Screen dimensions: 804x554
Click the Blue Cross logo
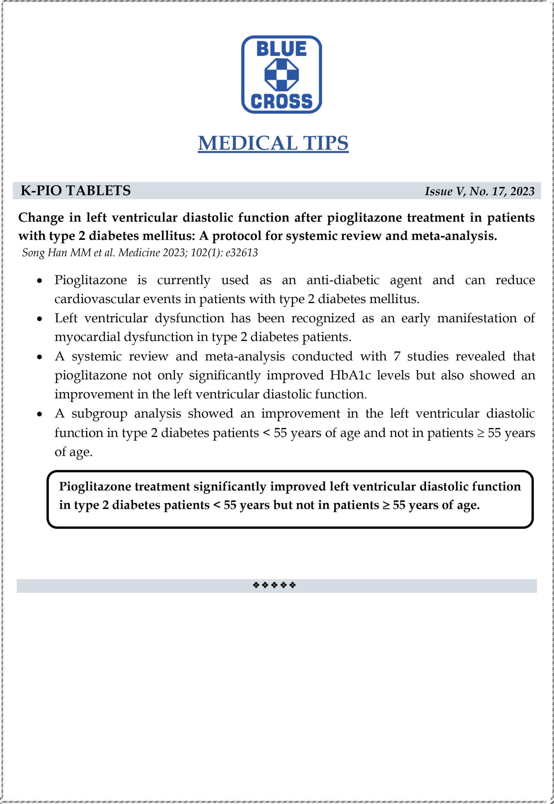point(281,75)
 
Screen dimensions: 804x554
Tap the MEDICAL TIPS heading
point(273,143)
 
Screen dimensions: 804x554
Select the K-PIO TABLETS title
point(76,191)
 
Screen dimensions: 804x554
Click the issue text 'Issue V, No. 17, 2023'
point(479,191)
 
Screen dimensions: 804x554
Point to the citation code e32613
point(242,253)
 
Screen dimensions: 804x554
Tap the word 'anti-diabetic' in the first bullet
point(343,280)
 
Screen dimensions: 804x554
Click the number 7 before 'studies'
point(397,356)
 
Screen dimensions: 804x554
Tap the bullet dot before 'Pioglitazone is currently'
point(40,281)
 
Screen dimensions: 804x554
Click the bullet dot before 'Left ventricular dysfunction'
point(40,319)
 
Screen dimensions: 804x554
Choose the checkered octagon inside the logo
point(282,75)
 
